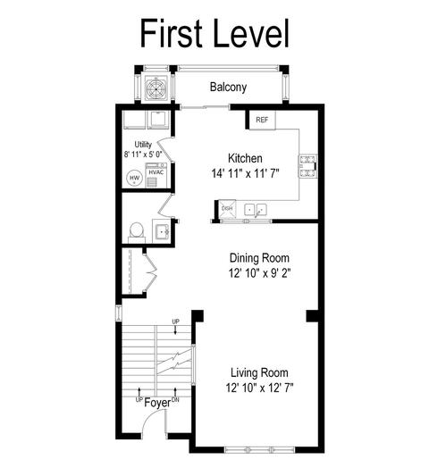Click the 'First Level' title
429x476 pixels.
coord(214,33)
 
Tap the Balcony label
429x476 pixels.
coord(228,88)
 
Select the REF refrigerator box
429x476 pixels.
coord(262,120)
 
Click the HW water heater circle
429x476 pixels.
coord(134,178)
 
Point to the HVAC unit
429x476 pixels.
coord(156,175)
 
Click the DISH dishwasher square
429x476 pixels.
coord(227,209)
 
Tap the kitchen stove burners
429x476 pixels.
coord(308,166)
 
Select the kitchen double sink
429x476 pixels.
coord(256,210)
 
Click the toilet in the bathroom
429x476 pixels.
coord(136,232)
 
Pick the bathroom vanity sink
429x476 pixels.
coord(162,232)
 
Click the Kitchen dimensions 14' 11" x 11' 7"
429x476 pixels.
coord(245,174)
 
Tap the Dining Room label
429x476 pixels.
coord(259,258)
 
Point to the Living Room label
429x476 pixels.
coord(259,372)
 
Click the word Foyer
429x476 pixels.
coord(157,403)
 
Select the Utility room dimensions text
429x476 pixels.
coord(143,154)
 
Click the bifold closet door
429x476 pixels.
coord(150,272)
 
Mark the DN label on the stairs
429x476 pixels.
coord(175,400)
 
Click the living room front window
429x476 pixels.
coord(259,449)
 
